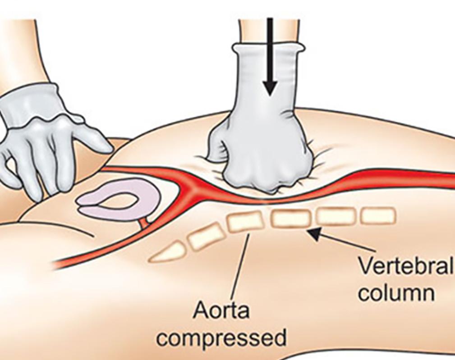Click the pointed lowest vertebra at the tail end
click(168, 253)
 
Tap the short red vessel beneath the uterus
click(144, 222)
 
